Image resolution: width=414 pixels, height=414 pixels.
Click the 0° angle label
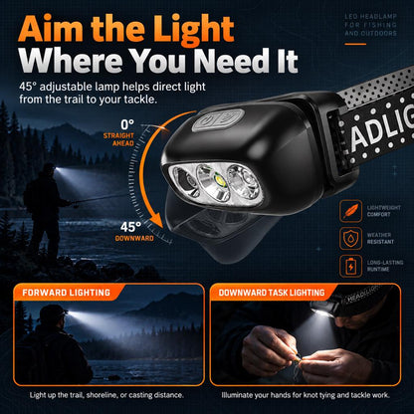127,125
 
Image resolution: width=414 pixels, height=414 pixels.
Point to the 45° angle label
130,227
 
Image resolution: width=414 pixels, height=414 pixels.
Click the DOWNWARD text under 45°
134,239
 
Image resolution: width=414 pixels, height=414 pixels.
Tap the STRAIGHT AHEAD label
118,139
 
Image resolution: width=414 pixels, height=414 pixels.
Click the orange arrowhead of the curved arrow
155,222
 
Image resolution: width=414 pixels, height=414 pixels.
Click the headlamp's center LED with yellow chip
220,181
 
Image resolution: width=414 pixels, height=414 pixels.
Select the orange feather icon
350,211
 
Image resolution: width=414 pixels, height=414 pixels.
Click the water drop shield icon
350,239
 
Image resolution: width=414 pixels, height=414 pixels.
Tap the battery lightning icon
350,266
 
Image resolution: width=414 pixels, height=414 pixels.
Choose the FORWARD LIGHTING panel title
66,293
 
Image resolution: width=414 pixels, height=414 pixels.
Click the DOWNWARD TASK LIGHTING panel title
272,293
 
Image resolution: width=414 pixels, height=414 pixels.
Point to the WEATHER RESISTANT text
380,238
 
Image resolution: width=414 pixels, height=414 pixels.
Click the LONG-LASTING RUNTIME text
385,266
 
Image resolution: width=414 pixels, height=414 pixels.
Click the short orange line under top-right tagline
355,44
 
